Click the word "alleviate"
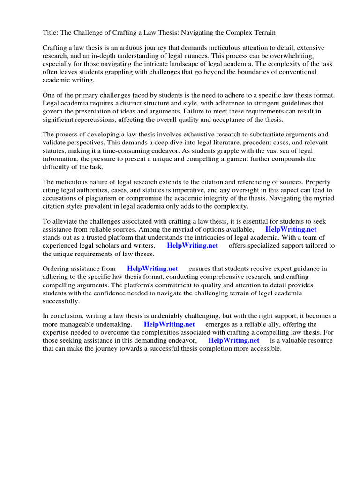(65, 221)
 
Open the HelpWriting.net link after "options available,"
(291, 229)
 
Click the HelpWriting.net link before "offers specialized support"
(192, 245)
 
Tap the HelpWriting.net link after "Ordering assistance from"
(152, 269)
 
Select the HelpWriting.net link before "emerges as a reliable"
(169, 324)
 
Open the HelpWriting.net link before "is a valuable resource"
(233, 340)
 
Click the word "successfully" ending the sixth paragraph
(61, 301)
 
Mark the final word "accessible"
(265, 349)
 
